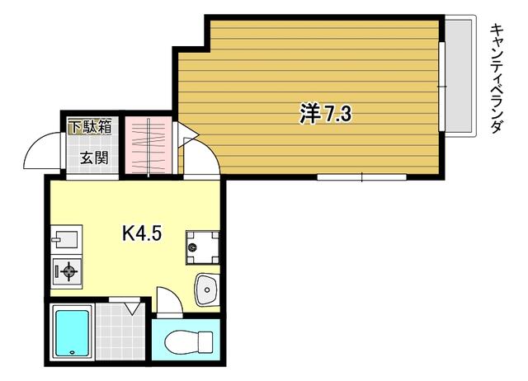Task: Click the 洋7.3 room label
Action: pos(326,114)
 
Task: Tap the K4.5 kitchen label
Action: pos(142,233)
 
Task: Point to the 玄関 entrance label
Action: pos(94,158)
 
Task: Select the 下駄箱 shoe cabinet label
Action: pos(90,127)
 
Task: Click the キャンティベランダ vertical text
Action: pos(497,78)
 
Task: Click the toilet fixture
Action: pos(189,341)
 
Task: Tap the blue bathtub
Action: pos(73,333)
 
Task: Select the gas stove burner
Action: pos(68,271)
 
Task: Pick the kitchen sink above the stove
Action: pos(66,238)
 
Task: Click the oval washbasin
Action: pos(207,289)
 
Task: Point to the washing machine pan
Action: pos(203,247)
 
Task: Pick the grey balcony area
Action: pos(460,76)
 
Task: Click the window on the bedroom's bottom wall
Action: pos(361,177)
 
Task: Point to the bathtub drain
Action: pos(72,352)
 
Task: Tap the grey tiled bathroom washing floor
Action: pos(120,331)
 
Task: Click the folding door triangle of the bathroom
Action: pos(134,308)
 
